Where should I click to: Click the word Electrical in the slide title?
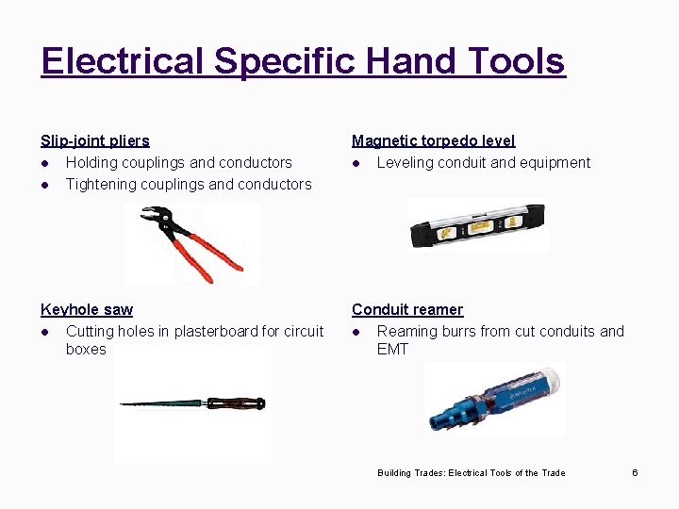122,61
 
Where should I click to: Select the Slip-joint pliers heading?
94,140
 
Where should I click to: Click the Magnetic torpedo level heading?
433,140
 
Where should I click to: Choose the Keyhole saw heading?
87,309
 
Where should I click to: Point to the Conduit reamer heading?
407,309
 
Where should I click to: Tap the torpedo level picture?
476,225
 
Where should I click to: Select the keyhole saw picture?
192,403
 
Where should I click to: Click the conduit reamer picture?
493,399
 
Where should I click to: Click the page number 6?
635,472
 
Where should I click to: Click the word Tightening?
100,184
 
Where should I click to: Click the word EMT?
392,349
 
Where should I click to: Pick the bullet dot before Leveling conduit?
356,163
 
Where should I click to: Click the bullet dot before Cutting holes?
45,332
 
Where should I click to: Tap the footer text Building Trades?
410,472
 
